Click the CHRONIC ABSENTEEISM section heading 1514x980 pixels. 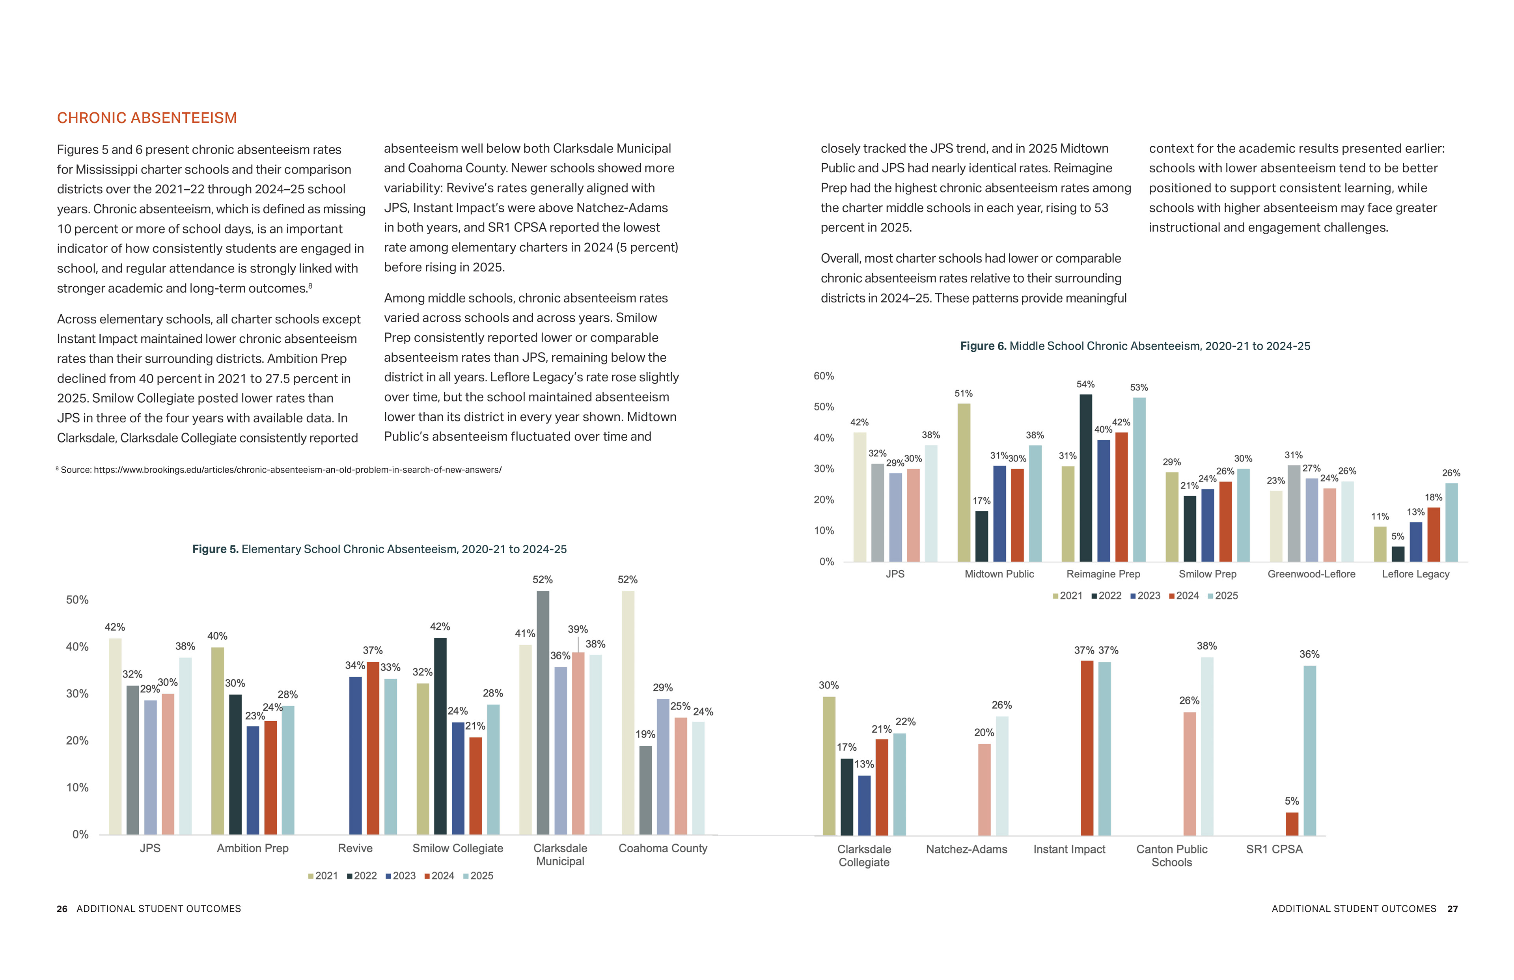coord(147,118)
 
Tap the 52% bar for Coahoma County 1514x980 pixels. coord(628,713)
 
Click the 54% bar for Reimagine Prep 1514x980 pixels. coord(1085,477)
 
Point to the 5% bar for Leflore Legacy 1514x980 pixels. coord(1398,554)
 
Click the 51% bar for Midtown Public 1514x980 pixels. coord(964,482)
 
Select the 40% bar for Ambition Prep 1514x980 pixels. coord(218,741)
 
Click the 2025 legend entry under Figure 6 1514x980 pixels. coord(1223,595)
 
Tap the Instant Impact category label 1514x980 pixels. coord(1069,849)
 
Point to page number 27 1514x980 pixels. coord(1452,909)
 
